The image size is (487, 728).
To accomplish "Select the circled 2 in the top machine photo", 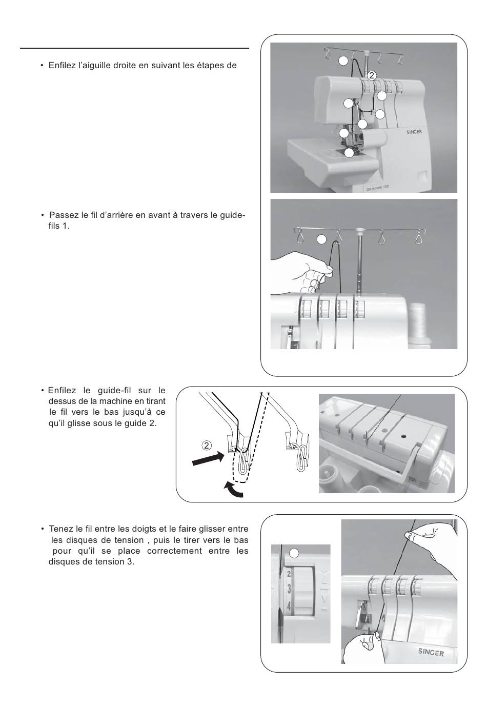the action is tap(372, 76).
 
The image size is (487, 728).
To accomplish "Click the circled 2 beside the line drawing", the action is tap(207, 445).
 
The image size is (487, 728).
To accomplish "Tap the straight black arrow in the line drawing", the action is tap(208, 458).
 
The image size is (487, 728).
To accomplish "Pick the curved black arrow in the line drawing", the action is tap(233, 490).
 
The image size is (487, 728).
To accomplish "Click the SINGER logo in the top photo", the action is tap(414, 132).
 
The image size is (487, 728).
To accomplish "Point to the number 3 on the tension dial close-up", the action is tap(289, 589).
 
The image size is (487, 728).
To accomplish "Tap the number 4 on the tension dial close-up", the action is tap(289, 606).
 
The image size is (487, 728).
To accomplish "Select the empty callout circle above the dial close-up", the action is tap(294, 554).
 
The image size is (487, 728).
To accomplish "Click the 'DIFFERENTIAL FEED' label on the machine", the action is tap(377, 189).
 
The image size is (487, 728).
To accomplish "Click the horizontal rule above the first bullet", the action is tap(134, 48).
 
